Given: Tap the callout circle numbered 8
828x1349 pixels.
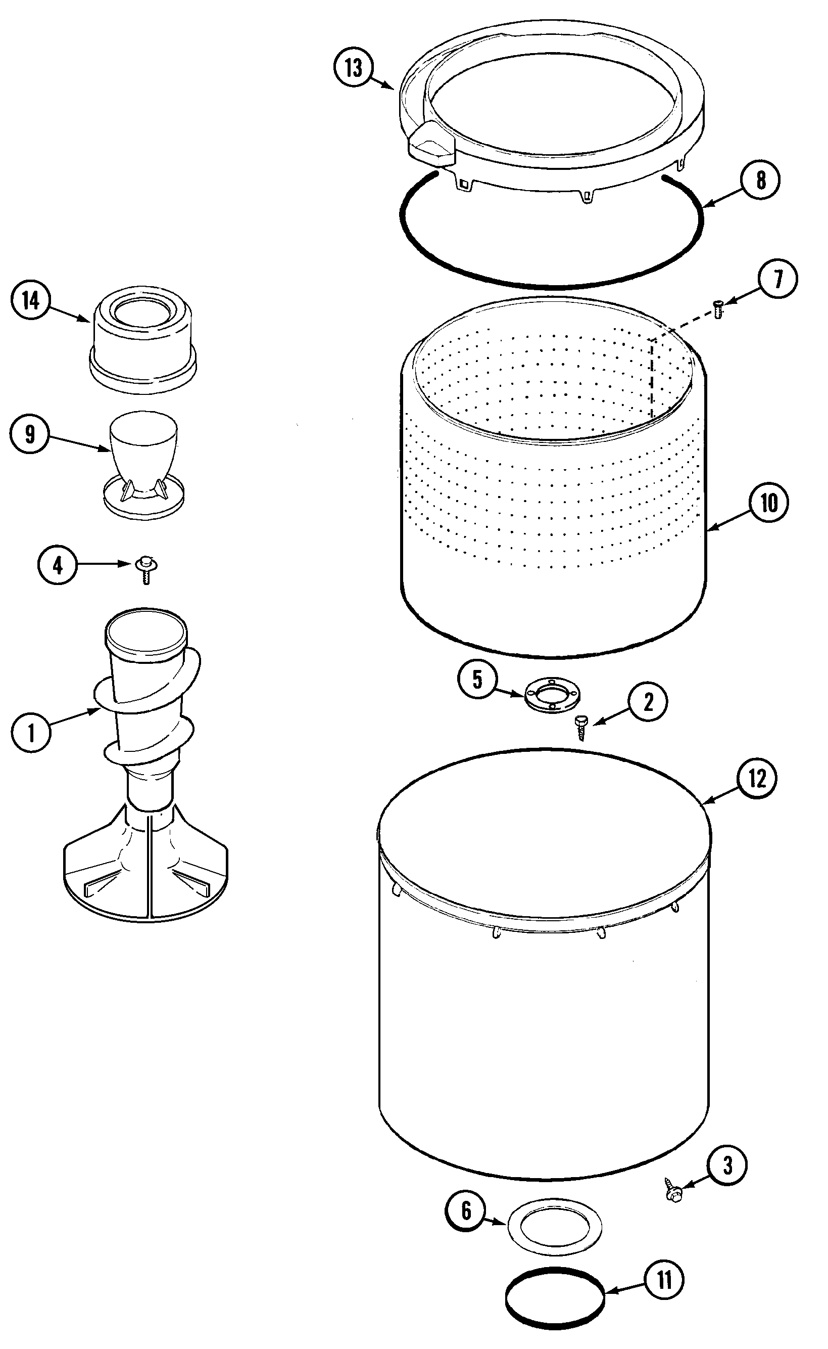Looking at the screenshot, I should click(760, 179).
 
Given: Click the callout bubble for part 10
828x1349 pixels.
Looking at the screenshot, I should click(769, 502).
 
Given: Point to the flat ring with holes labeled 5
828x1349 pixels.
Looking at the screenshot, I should click(552, 696).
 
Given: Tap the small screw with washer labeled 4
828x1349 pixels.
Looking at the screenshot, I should click(145, 569).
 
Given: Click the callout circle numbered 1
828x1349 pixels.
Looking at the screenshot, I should click(31, 732).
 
